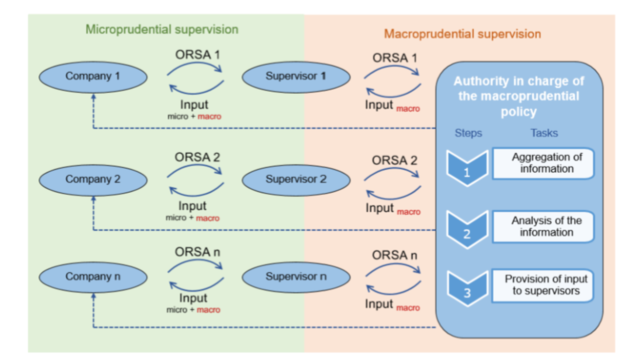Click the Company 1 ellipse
click(x=93, y=76)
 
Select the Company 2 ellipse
click(x=93, y=179)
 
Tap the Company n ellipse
click(x=93, y=276)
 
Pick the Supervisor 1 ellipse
click(x=295, y=76)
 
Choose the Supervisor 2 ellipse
click(x=295, y=179)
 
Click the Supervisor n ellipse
click(x=295, y=276)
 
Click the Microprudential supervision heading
click(x=162, y=29)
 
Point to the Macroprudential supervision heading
click(x=462, y=34)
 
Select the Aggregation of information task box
click(x=543, y=163)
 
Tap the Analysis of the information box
click(x=543, y=226)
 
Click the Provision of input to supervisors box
click(x=543, y=285)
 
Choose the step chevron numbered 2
click(x=466, y=229)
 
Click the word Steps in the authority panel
click(x=468, y=133)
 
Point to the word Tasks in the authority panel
click(x=544, y=133)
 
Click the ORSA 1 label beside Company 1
click(x=197, y=55)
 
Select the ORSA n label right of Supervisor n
click(x=394, y=255)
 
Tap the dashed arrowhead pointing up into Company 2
click(x=93, y=198)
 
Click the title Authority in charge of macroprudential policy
click(x=518, y=96)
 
